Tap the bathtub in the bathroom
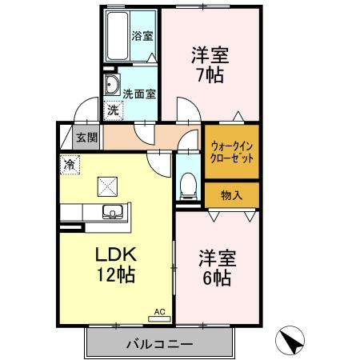click(x=118, y=35)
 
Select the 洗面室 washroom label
click(x=138, y=92)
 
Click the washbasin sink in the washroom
click(x=111, y=86)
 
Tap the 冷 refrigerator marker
click(x=69, y=164)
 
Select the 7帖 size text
click(x=210, y=75)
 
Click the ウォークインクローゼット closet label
click(x=232, y=152)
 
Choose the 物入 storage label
click(x=232, y=194)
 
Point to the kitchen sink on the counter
click(x=111, y=212)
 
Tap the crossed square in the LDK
click(x=107, y=186)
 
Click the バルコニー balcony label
click(x=158, y=344)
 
